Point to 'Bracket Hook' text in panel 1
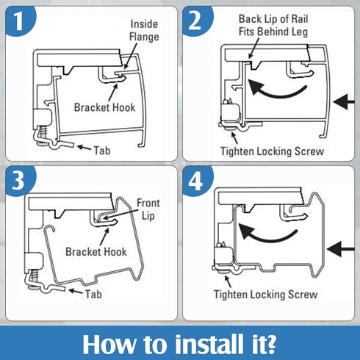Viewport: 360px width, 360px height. point(104,107)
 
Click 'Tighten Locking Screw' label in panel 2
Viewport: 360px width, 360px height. point(272,151)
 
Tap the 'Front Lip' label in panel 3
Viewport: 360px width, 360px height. point(150,209)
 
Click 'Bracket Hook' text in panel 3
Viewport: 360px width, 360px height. point(96,251)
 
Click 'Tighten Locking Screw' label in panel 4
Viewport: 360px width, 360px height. point(266,295)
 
